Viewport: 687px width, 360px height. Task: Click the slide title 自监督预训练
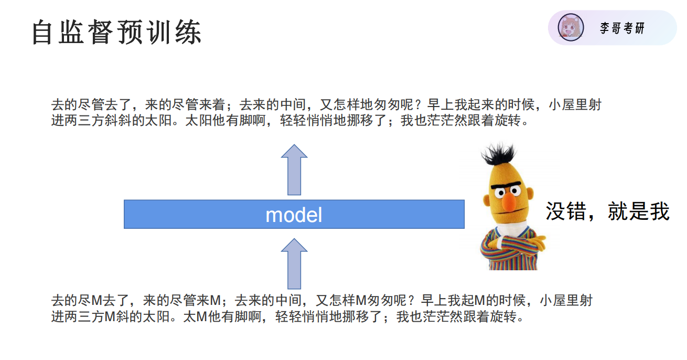116,33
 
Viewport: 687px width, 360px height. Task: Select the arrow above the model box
294,170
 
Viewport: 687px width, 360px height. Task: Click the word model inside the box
294,215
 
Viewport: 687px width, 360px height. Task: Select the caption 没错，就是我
607,211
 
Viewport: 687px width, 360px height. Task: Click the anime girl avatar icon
570,28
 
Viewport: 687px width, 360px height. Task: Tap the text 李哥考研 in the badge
622,28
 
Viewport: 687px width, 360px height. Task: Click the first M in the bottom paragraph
96,301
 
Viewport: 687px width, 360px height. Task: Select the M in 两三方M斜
110,317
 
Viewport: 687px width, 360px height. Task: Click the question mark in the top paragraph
418,105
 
